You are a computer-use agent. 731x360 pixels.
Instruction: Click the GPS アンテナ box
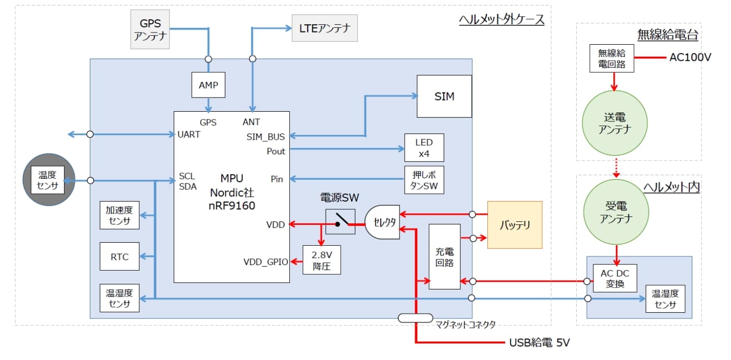pyautogui.click(x=150, y=29)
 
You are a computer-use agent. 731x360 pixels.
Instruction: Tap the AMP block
pyautogui.click(x=208, y=85)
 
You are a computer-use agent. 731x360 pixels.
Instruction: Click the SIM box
pyautogui.click(x=444, y=96)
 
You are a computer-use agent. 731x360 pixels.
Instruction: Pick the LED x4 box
pyautogui.click(x=424, y=148)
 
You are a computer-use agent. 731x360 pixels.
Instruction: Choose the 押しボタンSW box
pyautogui.click(x=424, y=180)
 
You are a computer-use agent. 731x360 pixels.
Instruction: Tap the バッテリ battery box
pyautogui.click(x=515, y=225)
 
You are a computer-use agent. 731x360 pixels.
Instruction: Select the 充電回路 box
pyautogui.click(x=444, y=256)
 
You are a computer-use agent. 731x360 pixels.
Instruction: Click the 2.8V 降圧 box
pyautogui.click(x=322, y=260)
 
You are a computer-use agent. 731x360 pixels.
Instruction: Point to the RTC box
pyautogui.click(x=119, y=257)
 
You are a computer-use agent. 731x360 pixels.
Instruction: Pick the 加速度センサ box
pyautogui.click(x=119, y=215)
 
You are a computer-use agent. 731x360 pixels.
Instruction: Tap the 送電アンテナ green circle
pyautogui.click(x=615, y=123)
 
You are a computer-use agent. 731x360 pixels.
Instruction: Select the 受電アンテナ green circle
pyautogui.click(x=615, y=212)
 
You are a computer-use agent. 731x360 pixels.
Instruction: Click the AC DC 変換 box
pyautogui.click(x=615, y=278)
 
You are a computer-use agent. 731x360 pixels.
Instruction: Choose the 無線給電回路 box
pyautogui.click(x=612, y=58)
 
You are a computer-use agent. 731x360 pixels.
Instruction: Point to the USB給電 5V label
pyautogui.click(x=539, y=343)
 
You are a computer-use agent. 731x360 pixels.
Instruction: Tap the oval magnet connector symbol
pyautogui.click(x=415, y=318)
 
